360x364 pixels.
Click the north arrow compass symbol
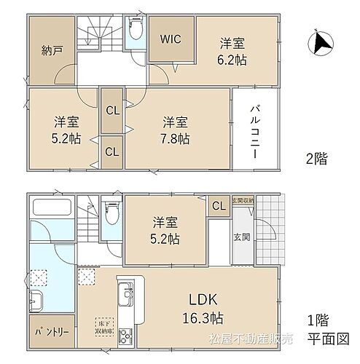point(321,44)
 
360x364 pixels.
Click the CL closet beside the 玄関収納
point(218,207)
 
